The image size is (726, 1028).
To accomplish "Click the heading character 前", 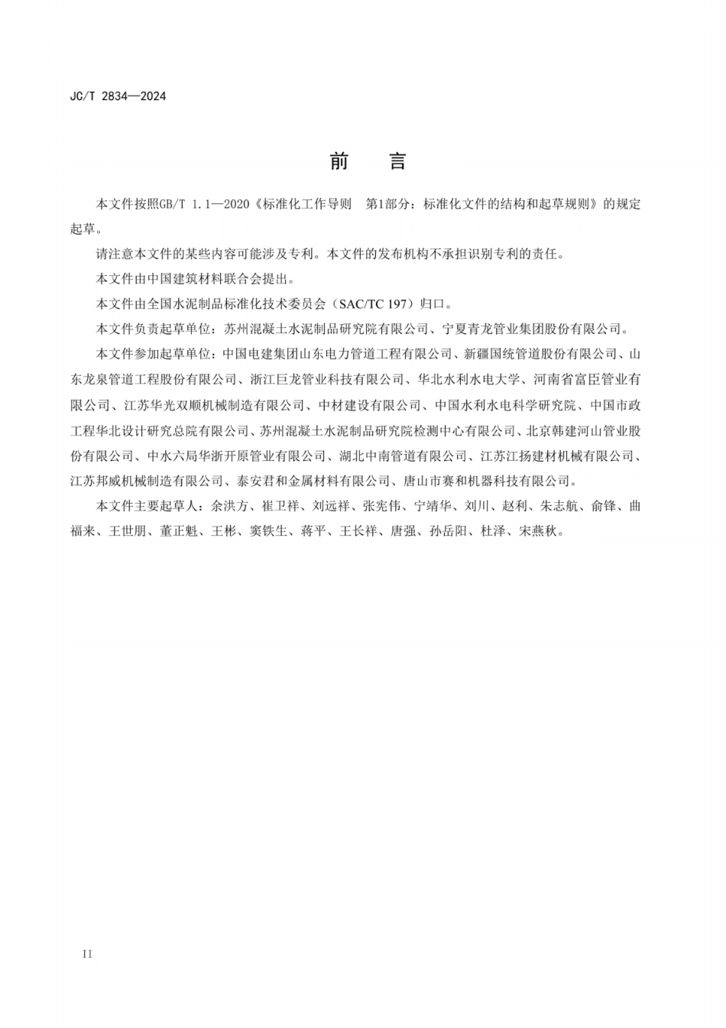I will [339, 161].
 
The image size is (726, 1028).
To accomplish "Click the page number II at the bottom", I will [86, 954].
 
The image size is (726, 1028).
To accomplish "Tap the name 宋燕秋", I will [539, 531].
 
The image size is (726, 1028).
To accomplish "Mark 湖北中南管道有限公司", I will [403, 456].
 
